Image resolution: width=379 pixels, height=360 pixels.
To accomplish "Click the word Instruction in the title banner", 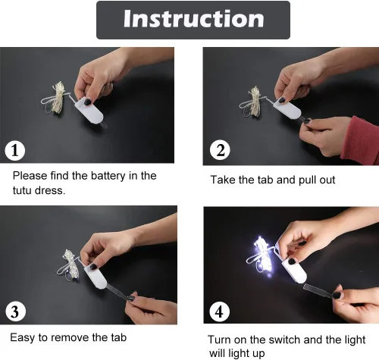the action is click(x=194, y=19).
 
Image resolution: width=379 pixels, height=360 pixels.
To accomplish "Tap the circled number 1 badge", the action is click(x=15, y=151).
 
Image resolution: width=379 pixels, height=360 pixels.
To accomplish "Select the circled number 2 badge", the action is click(x=220, y=150).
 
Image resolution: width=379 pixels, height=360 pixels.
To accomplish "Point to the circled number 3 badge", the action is click(x=15, y=311).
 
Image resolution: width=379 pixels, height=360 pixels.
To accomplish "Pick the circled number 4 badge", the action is click(x=219, y=311).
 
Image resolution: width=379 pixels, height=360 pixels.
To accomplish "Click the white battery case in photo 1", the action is click(x=89, y=111).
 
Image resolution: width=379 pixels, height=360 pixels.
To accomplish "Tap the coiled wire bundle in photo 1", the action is click(x=55, y=98).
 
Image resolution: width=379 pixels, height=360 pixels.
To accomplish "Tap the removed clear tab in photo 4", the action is click(x=319, y=290).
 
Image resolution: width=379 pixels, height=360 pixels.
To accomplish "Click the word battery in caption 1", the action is click(x=108, y=176).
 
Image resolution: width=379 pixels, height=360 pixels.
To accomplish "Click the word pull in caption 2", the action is click(x=307, y=180).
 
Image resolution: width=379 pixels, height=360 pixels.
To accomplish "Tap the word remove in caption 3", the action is click(x=71, y=338).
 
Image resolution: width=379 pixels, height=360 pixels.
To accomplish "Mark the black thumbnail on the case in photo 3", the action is click(x=93, y=267).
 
